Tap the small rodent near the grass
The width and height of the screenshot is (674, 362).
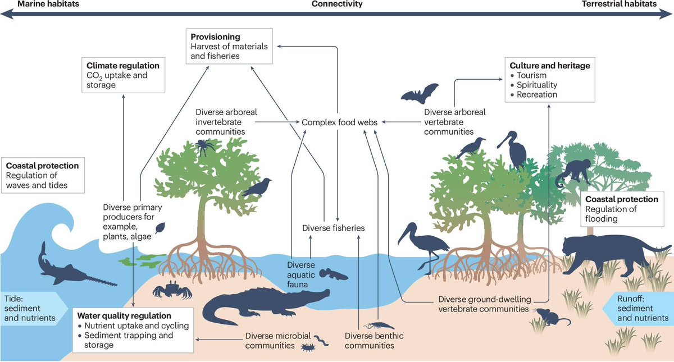(x=548, y=318)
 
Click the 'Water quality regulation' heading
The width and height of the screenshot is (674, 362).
(x=125, y=316)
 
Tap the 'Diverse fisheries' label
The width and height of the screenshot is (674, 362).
(x=333, y=228)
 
